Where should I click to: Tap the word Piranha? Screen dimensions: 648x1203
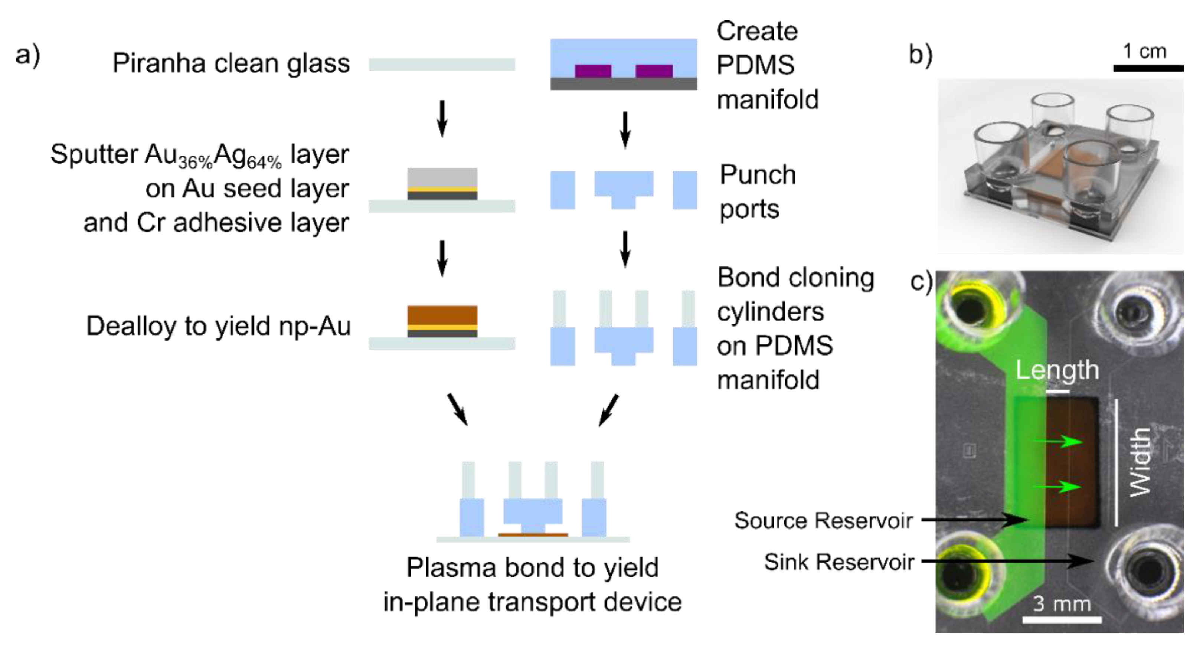pyautogui.click(x=159, y=63)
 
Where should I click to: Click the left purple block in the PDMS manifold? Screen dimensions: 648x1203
pyautogui.click(x=593, y=71)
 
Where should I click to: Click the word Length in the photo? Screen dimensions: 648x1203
pyautogui.click(x=1057, y=370)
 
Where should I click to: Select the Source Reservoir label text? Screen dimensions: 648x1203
pyautogui.click(x=823, y=521)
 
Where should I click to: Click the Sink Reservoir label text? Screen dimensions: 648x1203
pyautogui.click(x=839, y=562)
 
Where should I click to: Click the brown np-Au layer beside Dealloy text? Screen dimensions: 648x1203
pyautogui.click(x=442, y=315)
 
